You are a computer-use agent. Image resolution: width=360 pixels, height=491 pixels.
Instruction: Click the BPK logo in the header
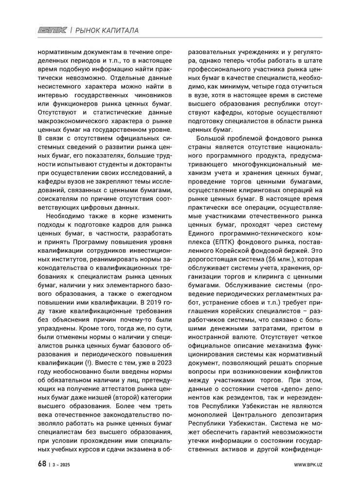(x=53, y=31)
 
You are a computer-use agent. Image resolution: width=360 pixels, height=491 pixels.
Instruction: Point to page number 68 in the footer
(x=42, y=463)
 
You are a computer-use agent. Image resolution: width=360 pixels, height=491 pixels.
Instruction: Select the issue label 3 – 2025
(x=61, y=464)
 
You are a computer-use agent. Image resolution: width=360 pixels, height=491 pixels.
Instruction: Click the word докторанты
(x=153, y=164)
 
